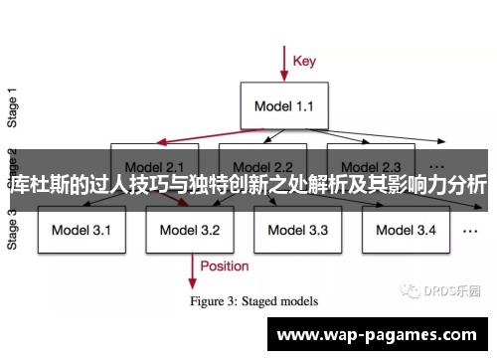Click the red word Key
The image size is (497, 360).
tap(304, 61)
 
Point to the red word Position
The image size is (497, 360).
tap(224, 266)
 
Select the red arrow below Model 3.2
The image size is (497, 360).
tap(190, 266)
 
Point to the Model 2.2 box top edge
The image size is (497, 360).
tap(262, 145)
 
